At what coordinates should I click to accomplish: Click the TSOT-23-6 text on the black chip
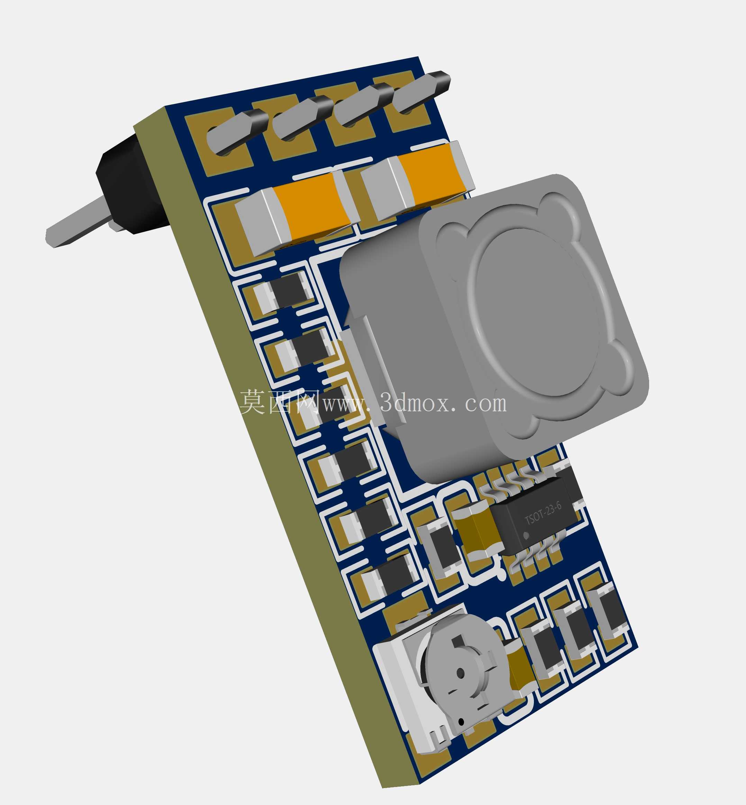tap(543, 513)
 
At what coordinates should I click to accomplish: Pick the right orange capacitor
tap(418, 179)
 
